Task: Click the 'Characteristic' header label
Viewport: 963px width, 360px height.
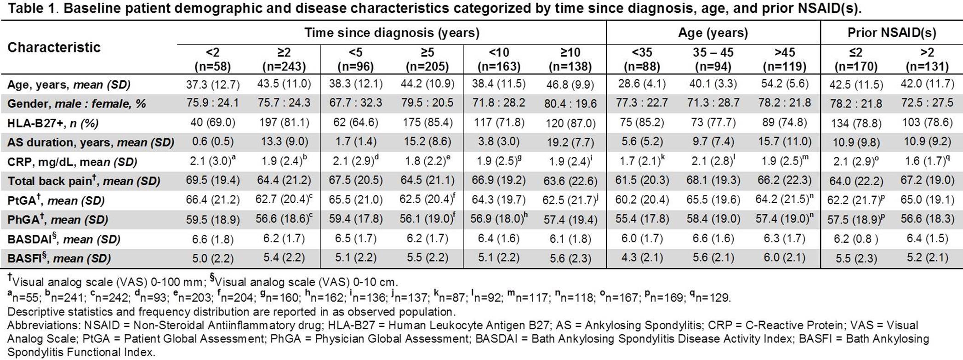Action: (54, 47)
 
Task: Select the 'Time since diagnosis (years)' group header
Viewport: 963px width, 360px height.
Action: (392, 33)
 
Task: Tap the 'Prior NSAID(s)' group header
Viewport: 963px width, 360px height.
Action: (891, 33)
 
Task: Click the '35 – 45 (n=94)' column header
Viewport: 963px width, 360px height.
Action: (713, 59)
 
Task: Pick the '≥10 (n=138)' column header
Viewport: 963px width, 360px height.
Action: (570, 59)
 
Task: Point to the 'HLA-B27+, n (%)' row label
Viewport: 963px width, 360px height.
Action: (53, 123)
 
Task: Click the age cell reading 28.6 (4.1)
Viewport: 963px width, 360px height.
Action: (642, 84)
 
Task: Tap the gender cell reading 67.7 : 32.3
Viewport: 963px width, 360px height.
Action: (355, 103)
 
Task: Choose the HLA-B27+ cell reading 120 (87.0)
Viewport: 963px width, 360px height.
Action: (570, 123)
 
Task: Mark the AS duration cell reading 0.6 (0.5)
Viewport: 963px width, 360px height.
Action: (212, 142)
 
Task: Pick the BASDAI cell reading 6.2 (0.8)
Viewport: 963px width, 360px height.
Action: (855, 239)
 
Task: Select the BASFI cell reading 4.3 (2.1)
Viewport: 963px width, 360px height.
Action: (642, 258)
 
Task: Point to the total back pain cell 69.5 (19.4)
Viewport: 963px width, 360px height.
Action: (212, 180)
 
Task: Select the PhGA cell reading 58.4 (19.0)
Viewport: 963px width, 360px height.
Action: (713, 219)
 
